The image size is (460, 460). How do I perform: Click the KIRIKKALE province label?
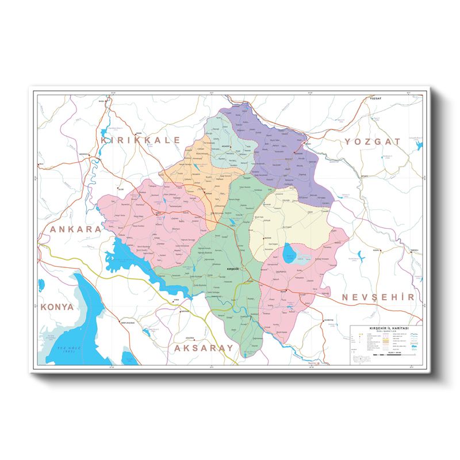[140, 140]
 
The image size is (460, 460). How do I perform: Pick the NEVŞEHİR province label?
[378, 297]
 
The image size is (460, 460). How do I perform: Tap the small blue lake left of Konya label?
[41, 285]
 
